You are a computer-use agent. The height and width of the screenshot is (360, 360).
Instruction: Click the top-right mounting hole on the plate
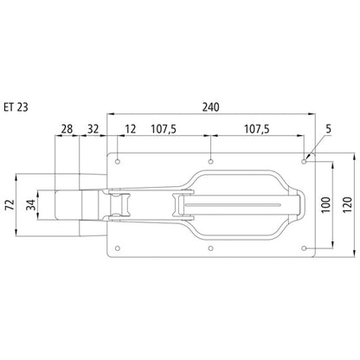304,161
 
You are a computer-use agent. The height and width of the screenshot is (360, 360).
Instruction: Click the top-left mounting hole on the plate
118,161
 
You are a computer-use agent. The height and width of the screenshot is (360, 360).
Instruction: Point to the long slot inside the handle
242,205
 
